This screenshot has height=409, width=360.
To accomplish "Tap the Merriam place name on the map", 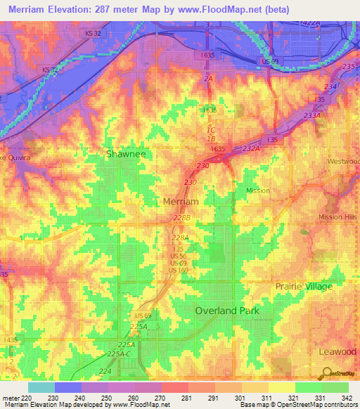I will pos(181,201).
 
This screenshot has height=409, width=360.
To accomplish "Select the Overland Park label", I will pos(227,310).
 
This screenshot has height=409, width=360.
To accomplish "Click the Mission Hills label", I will pos(339,217).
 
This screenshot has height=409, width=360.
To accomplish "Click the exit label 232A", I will pos(250,149).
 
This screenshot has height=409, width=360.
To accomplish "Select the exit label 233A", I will pos(312,115).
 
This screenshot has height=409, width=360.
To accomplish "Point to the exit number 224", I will pos(105,370).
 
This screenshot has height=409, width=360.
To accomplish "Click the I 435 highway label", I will pos(11,339).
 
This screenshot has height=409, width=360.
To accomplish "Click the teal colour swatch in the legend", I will pos(41,387).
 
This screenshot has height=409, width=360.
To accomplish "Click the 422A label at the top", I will pos(309,23).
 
